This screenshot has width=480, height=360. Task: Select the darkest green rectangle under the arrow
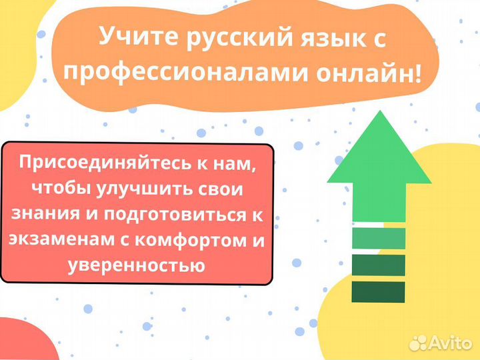coord(378,292)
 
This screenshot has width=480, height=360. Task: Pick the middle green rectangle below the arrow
coord(378,265)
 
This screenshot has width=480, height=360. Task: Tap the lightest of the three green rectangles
coord(378,238)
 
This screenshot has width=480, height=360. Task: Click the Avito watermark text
coord(451,343)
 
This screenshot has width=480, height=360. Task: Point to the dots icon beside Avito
coord(418,343)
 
